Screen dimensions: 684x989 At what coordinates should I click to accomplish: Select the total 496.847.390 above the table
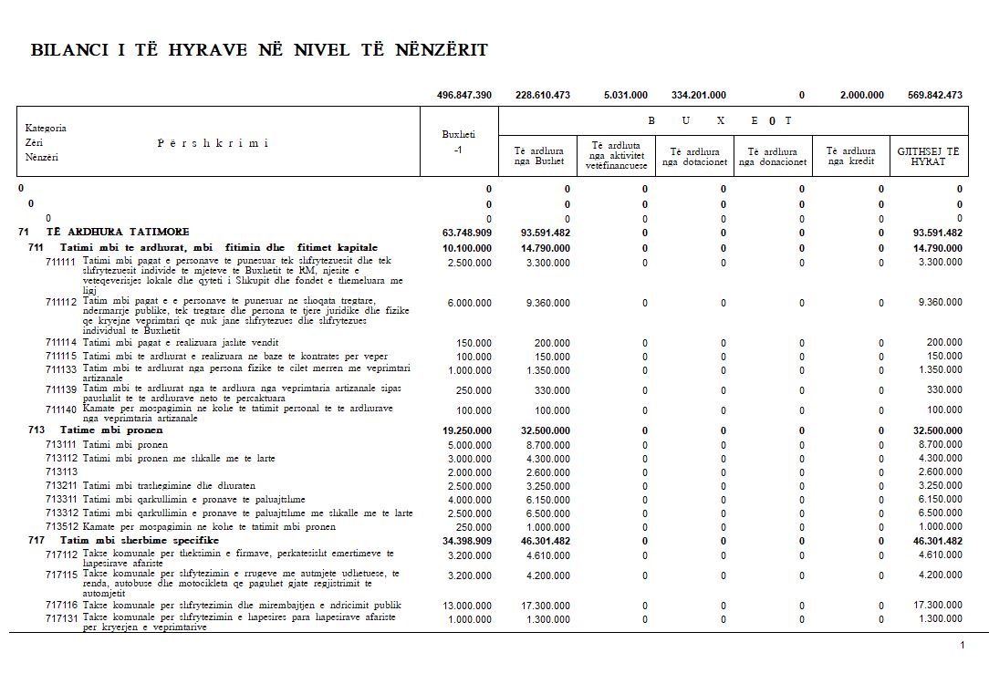tap(464, 95)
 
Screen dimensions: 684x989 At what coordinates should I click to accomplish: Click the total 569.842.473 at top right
tap(935, 95)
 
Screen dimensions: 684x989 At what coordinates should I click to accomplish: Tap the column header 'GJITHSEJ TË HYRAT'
tap(928, 157)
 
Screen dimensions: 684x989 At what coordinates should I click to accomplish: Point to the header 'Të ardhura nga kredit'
tap(850, 157)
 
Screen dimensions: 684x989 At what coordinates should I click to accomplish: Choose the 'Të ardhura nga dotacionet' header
tap(694, 157)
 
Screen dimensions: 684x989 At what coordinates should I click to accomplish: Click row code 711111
tap(62, 261)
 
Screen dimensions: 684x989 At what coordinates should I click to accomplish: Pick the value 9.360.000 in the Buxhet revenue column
tap(547, 303)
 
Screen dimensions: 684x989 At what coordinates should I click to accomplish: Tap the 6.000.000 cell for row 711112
tap(469, 303)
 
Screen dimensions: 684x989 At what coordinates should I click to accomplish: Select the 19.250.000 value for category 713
tap(467, 430)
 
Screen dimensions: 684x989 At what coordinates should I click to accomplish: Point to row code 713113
tap(62, 472)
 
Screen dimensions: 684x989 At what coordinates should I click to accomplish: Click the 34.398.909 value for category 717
tap(467, 541)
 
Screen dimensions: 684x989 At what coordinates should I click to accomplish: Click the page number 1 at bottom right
tap(962, 646)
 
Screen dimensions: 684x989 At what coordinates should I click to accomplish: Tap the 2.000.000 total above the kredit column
tap(861, 95)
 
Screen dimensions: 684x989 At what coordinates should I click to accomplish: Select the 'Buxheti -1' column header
tap(458, 142)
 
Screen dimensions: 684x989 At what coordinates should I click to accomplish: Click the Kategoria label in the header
tap(46, 128)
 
